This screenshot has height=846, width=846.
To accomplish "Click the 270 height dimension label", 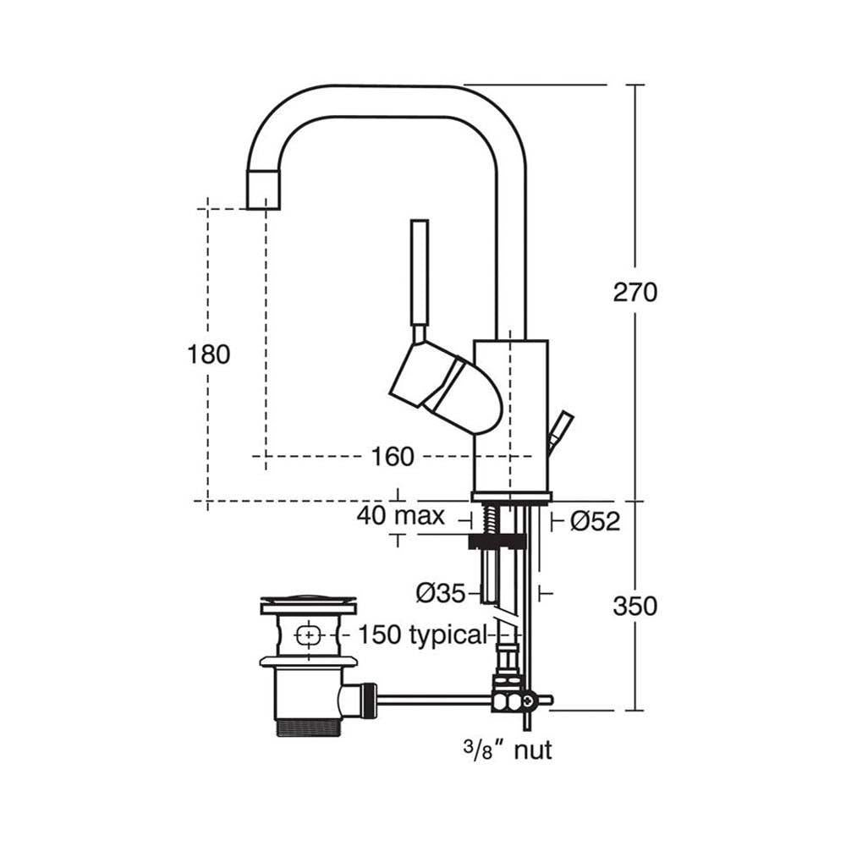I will [x=634, y=293].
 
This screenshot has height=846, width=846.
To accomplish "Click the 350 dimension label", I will [x=634, y=607].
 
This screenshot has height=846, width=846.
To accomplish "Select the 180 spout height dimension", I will [x=208, y=354].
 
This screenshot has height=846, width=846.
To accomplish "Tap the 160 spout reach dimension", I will [x=393, y=457].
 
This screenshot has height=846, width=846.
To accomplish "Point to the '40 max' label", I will [x=400, y=516].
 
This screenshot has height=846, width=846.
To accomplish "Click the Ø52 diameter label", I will [x=595, y=522].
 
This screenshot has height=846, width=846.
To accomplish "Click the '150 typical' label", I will [x=423, y=634].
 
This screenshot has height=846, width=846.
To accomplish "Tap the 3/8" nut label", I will [x=508, y=749].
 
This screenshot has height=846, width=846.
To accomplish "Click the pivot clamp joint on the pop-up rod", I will [x=512, y=700].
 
